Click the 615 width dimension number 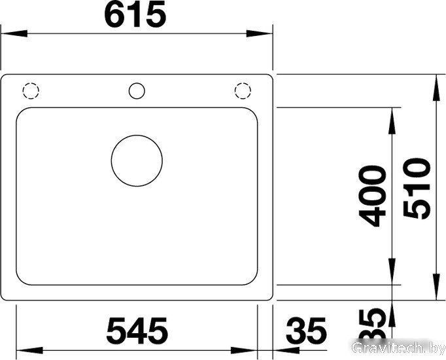point(135,14)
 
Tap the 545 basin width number point(137,331)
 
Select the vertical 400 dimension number point(372,196)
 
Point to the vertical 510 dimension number point(417,189)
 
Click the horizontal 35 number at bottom point(306,331)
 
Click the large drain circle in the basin point(137,161)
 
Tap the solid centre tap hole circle point(137,91)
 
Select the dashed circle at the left point(31,91)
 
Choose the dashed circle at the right point(243,91)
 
